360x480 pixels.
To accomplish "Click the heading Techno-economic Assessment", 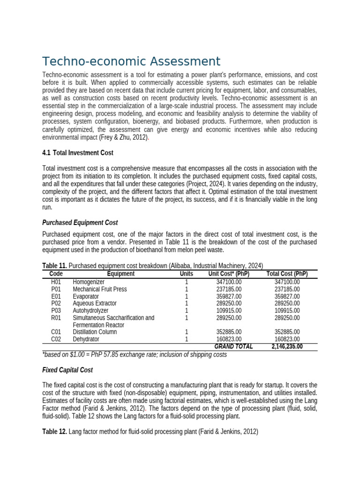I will tap(131, 61).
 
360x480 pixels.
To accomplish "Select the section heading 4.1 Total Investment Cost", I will tap(78, 153).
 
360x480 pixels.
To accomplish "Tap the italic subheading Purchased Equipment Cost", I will tap(80, 223).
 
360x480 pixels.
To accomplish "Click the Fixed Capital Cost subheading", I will tap(67, 370).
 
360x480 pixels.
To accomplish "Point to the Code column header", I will tap(56, 274).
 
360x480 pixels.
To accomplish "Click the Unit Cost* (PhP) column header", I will tap(229, 274).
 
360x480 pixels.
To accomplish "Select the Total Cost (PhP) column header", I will tap(287, 274).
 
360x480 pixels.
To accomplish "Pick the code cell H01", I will tap(56, 282).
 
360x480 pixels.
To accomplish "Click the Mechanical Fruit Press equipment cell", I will tap(100, 289).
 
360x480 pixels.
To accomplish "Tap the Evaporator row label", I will tap(86, 297).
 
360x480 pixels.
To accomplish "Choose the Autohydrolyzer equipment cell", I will tap(90, 311).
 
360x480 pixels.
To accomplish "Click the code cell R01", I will tap(56, 318).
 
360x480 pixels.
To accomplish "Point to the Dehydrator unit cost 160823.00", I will tap(229, 339).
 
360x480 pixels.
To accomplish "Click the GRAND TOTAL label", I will tap(233, 346).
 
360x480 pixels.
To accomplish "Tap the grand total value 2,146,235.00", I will tap(287, 346).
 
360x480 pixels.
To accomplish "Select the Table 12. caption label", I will tap(54, 432).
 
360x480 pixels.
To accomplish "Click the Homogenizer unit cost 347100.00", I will tap(229, 282).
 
